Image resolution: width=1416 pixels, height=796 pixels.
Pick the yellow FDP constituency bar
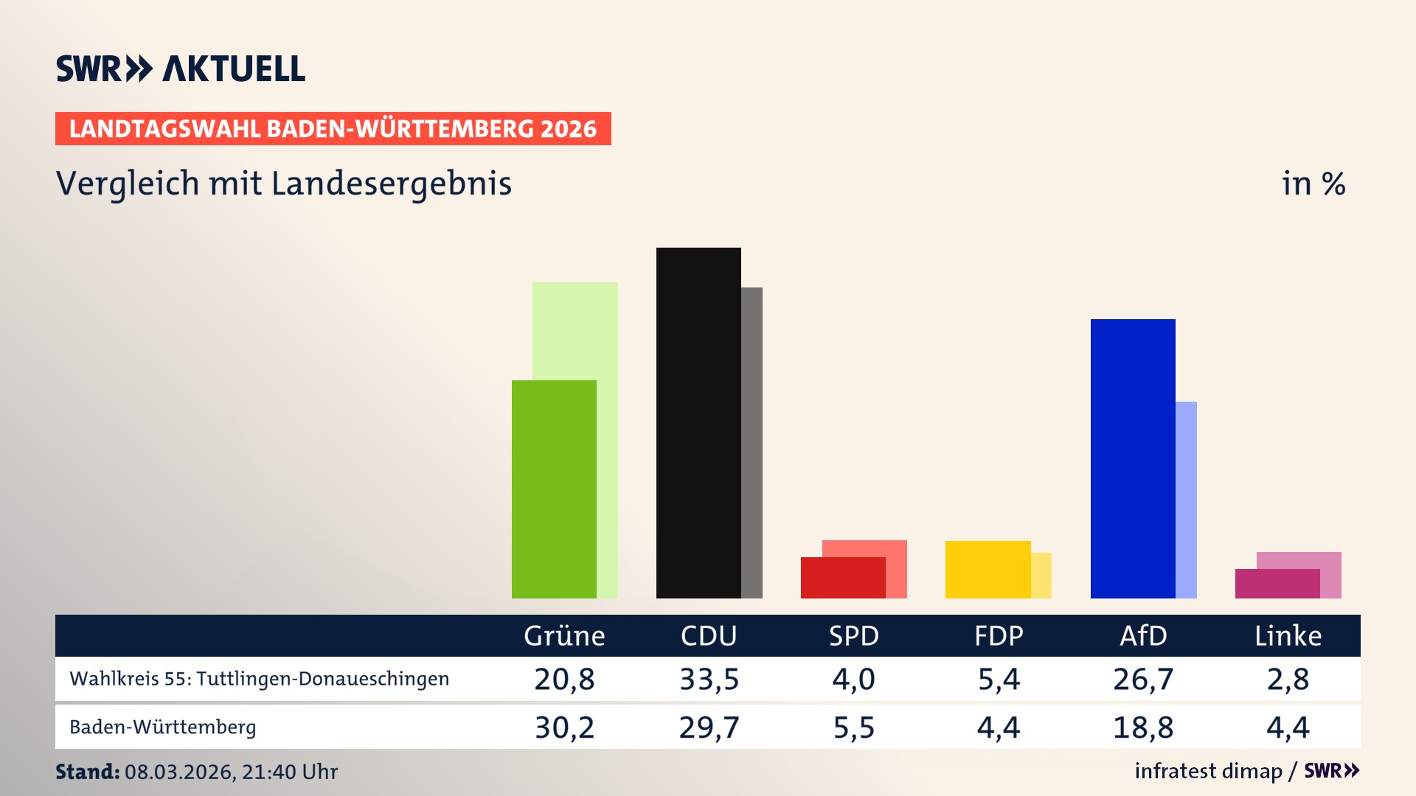point(988,569)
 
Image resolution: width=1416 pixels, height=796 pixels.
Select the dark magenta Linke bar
point(1277,583)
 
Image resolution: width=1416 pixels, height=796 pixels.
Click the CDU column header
point(708,635)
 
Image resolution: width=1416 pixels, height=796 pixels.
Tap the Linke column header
point(1288,635)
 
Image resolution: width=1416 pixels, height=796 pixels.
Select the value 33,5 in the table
point(709,679)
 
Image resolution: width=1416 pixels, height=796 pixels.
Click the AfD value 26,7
point(1142,679)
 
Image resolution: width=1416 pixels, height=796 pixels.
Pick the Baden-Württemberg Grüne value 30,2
point(564,727)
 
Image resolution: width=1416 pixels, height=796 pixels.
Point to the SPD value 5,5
point(853,727)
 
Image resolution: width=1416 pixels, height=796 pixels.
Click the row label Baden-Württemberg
point(162,727)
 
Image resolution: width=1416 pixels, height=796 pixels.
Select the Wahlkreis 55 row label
point(259,679)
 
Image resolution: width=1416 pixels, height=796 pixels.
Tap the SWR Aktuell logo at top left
point(180,69)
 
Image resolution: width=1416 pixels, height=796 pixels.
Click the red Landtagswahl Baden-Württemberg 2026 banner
point(333,128)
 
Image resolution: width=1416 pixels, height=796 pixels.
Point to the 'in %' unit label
point(1313,184)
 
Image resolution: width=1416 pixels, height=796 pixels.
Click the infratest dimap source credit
point(1207,771)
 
